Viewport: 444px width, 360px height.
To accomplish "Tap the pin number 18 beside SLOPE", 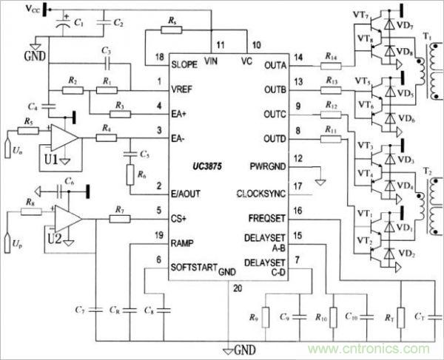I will [x=158, y=57].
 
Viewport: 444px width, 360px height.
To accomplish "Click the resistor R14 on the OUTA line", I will [x=332, y=67].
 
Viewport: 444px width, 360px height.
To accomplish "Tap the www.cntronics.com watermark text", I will [x=374, y=347].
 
